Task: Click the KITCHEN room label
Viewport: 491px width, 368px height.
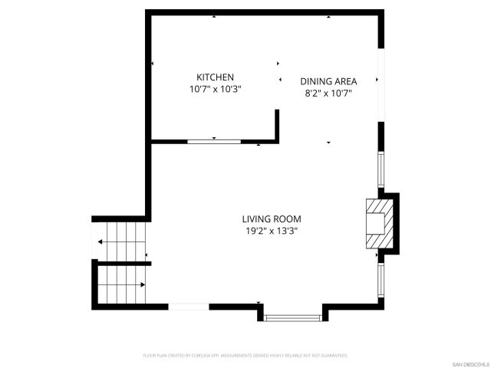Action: tap(216, 77)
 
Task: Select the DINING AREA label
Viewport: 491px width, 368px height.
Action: tap(328, 82)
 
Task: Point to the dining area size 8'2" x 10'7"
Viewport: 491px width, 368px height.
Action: tap(328, 94)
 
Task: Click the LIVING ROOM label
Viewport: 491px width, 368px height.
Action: tap(272, 219)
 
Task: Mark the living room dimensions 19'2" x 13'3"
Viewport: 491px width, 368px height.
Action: tap(272, 230)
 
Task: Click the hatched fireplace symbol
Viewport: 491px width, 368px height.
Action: tap(381, 224)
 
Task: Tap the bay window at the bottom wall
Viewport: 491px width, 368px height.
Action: tap(293, 317)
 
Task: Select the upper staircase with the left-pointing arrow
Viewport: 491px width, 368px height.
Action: tap(121, 242)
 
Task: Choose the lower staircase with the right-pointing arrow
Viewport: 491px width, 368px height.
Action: tap(121, 284)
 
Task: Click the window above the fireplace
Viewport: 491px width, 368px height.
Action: tap(380, 169)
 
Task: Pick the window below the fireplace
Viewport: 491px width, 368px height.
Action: tap(380, 281)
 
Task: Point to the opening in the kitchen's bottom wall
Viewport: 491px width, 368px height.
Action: tap(214, 141)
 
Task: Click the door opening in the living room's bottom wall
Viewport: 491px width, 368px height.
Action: tap(189, 307)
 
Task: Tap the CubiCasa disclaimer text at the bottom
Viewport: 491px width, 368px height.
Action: tap(245, 356)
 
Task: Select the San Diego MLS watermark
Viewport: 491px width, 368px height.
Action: tap(470, 363)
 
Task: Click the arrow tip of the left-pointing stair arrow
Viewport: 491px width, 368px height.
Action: tap(100, 242)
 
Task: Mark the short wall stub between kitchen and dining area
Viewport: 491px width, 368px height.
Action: tap(277, 125)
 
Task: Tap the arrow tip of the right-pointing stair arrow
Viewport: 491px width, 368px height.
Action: tap(144, 284)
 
